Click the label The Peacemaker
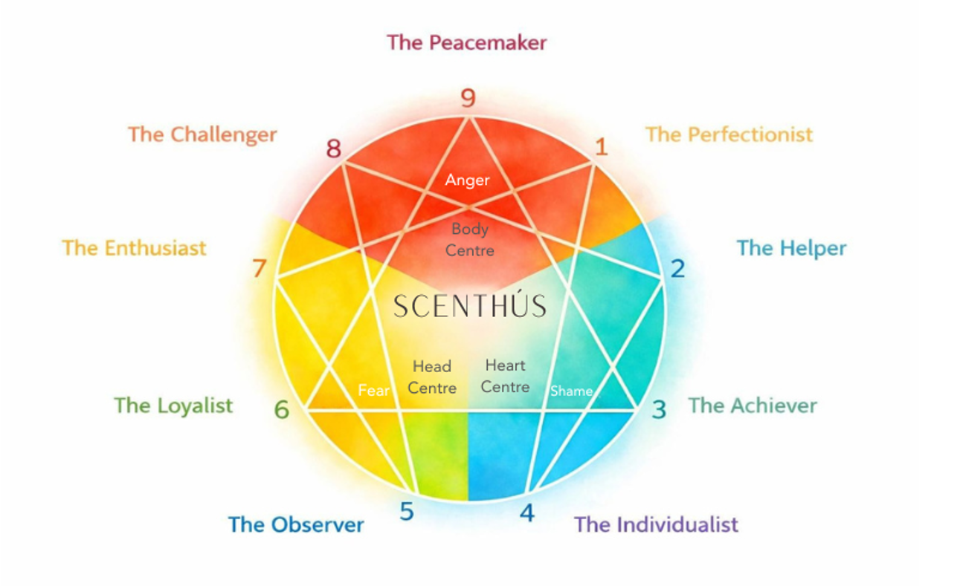coord(466,42)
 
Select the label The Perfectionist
coord(729,134)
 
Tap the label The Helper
coord(791,248)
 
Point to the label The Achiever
coord(753,406)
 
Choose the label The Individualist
coord(656,524)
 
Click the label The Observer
coord(296,524)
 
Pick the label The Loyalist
coord(173,406)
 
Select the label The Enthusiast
coord(134,248)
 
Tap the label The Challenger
coord(202,134)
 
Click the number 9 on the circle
coord(468,98)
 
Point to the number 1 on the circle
coord(601,147)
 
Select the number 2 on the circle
coord(677,268)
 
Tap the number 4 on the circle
coord(526,512)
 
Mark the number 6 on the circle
coord(281,409)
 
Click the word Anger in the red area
coord(467,180)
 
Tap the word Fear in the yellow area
coord(373,391)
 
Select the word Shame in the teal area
coord(571,391)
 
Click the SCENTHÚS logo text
coord(469,305)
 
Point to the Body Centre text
coord(469,240)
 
